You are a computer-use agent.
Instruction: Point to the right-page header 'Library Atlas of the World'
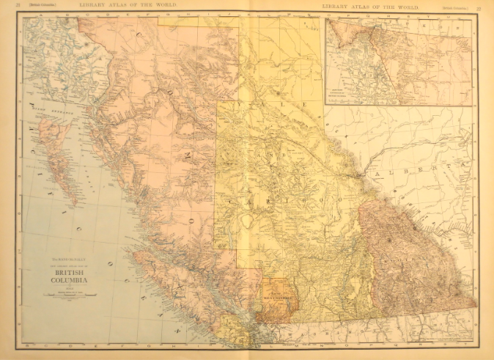(368, 7)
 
